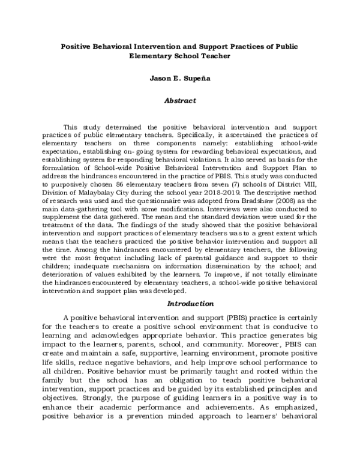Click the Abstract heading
(180, 101)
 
